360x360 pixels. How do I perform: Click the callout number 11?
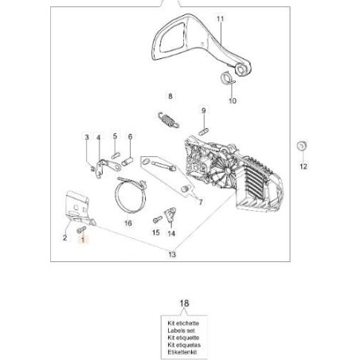[x=221, y=18]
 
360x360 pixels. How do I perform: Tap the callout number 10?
[x=233, y=101]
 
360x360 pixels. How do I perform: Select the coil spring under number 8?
[x=169, y=120]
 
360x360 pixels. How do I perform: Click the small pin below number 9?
[x=204, y=131]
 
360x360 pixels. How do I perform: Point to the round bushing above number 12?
[x=302, y=146]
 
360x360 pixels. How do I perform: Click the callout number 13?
[x=172, y=255]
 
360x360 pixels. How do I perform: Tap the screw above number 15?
[x=158, y=219]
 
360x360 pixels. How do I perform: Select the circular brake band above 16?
[x=131, y=194]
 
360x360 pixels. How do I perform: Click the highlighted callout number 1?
[x=83, y=240]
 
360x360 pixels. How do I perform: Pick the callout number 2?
[x=65, y=237]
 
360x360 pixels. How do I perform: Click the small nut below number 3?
[x=92, y=168]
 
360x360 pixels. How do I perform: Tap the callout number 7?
[x=201, y=202]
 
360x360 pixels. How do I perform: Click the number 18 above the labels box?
[x=185, y=303]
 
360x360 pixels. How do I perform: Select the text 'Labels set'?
[x=181, y=331]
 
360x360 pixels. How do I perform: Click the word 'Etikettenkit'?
[x=182, y=352]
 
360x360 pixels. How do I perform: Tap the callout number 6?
[x=130, y=136]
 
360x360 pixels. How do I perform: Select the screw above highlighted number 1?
[x=81, y=229]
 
